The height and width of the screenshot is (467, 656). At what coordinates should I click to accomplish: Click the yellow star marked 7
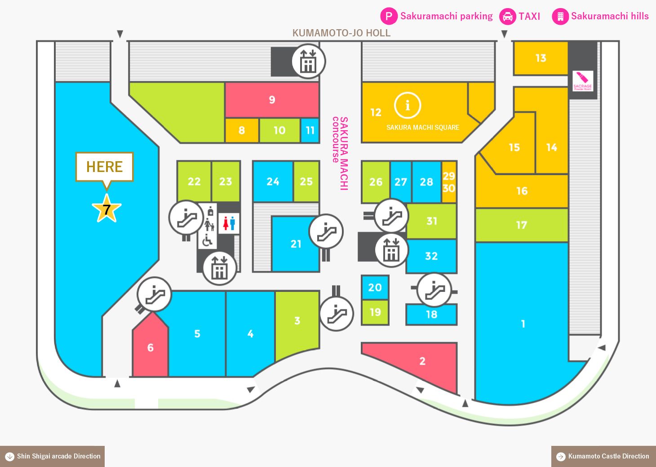click(x=106, y=209)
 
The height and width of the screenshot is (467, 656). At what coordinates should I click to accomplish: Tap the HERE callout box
click(x=105, y=167)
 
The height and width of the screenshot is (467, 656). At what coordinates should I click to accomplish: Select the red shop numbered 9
click(x=272, y=100)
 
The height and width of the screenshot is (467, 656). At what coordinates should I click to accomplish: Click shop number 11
click(x=310, y=130)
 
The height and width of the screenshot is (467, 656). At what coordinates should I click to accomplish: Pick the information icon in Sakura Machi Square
click(x=408, y=106)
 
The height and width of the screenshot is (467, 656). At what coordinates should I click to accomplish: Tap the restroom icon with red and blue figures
click(x=229, y=223)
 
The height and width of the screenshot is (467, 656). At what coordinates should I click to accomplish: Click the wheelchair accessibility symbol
click(x=207, y=241)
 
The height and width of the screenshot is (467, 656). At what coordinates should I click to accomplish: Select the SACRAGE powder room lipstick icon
click(x=583, y=81)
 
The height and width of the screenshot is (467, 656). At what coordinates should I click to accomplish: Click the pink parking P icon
click(x=389, y=16)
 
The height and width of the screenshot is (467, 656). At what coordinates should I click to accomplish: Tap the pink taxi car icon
click(x=508, y=16)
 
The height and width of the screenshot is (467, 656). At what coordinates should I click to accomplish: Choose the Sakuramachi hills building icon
click(x=560, y=16)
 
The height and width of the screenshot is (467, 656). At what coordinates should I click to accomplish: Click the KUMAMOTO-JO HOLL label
click(x=341, y=33)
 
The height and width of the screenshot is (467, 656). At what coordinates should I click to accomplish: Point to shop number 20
click(x=375, y=287)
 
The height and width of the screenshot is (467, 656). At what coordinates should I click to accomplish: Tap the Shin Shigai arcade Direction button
click(x=52, y=456)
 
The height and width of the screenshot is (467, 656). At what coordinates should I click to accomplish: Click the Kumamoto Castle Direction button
click(x=603, y=456)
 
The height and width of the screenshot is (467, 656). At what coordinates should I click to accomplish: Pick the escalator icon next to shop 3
click(x=337, y=314)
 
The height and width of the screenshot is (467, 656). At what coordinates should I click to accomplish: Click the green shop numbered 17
click(x=522, y=225)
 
